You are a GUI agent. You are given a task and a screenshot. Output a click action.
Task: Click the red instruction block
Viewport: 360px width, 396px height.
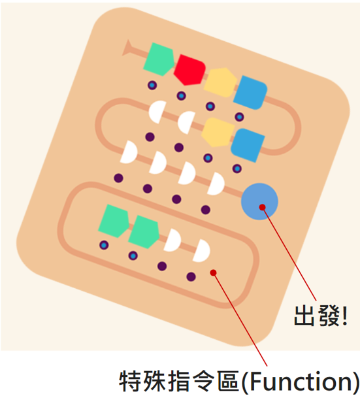tap(189, 70)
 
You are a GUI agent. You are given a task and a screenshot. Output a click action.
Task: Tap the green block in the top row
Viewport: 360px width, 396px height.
tap(159, 59)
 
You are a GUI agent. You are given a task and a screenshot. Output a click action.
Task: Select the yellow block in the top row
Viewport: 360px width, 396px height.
tap(220, 82)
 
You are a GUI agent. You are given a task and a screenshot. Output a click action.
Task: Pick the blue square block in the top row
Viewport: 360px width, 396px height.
tap(250, 92)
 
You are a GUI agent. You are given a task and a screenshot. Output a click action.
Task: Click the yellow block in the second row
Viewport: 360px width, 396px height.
tap(218, 132)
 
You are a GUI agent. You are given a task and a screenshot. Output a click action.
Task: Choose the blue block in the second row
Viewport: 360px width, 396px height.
tap(248, 145)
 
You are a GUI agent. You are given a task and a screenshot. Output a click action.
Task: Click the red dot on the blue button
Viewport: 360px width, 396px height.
tap(262, 207)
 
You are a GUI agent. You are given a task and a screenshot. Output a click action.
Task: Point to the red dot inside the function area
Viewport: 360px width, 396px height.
tap(214, 272)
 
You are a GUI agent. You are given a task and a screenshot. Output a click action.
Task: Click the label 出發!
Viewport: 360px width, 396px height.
tap(321, 316)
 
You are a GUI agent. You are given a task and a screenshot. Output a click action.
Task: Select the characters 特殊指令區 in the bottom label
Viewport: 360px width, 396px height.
tap(179, 381)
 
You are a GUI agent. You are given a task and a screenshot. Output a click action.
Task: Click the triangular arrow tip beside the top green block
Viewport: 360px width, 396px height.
tap(127, 48)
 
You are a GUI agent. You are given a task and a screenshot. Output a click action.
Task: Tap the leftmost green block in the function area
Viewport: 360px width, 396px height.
tap(114, 221)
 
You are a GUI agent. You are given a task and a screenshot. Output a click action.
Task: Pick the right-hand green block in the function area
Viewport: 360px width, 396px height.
tap(144, 232)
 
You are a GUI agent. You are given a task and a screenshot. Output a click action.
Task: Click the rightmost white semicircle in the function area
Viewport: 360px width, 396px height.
tap(202, 251)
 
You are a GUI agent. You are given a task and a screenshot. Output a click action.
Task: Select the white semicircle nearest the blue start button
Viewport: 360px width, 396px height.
tap(216, 184)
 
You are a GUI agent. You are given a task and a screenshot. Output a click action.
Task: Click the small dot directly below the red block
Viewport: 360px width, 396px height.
tap(181, 96)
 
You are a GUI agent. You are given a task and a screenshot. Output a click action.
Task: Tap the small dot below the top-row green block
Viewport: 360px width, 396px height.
tap(152, 86)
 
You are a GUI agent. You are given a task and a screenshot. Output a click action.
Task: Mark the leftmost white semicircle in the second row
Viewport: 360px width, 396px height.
tap(157, 112)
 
